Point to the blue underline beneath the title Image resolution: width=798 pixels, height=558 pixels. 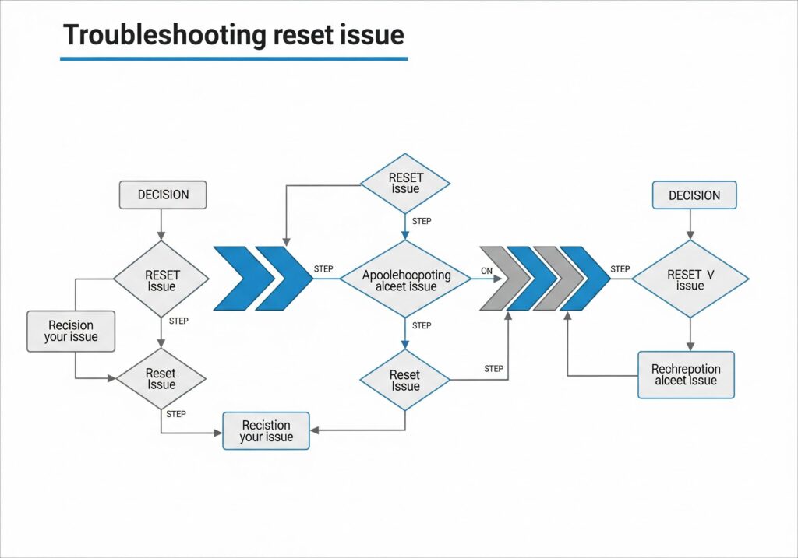click(x=234, y=58)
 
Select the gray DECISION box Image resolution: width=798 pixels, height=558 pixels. click(x=162, y=195)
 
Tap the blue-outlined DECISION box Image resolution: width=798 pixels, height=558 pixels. click(x=694, y=195)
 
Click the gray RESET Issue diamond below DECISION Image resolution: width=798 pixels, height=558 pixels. click(x=161, y=280)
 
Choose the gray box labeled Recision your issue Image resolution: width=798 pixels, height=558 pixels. click(x=71, y=331)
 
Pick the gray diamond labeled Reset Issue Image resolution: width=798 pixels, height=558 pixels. click(x=161, y=379)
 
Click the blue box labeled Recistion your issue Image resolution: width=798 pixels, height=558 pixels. click(x=266, y=431)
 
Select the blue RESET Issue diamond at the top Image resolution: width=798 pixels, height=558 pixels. click(x=404, y=184)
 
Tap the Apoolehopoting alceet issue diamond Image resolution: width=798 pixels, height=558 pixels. click(x=405, y=280)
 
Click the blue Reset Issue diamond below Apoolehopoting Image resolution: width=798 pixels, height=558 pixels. click(x=404, y=381)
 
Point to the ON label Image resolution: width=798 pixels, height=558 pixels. click(x=487, y=271)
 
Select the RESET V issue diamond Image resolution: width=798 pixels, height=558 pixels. click(x=690, y=279)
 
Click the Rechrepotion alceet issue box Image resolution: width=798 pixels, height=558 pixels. click(x=686, y=374)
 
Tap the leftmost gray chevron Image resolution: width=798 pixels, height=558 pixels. click(x=499, y=278)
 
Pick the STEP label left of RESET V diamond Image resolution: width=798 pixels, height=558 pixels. click(x=620, y=269)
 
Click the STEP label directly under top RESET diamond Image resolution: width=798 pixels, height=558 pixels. click(x=421, y=221)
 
